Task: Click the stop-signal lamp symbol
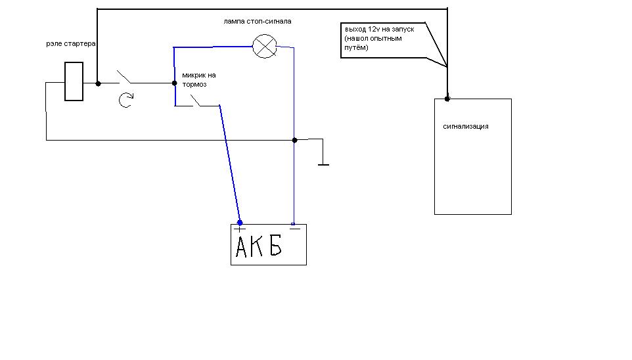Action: pyautogui.click(x=264, y=47)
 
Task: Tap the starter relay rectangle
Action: pyautogui.click(x=74, y=81)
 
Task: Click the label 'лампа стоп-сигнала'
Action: pyautogui.click(x=258, y=22)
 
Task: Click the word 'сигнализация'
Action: pyautogui.click(x=466, y=127)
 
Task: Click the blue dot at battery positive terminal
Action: pyautogui.click(x=240, y=223)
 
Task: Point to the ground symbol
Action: pyautogui.click(x=323, y=158)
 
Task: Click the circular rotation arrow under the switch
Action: pyautogui.click(x=125, y=100)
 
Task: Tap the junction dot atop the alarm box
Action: pyautogui.click(x=447, y=99)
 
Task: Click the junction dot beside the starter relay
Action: pyautogui.click(x=98, y=83)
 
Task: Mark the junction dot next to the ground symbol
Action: pyautogui.click(x=294, y=140)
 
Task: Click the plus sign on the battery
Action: pyautogui.click(x=239, y=229)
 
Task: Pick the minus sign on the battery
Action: pyautogui.click(x=294, y=229)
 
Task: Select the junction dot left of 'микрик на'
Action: pyautogui.click(x=174, y=83)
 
